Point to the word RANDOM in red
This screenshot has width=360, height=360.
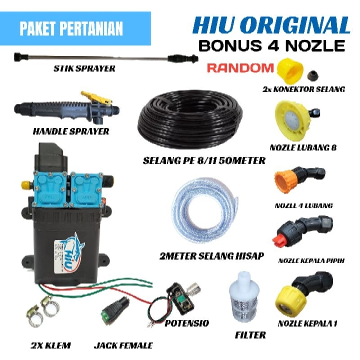pyautogui.click(x=240, y=67)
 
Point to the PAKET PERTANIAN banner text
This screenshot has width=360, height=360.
pyautogui.click(x=71, y=28)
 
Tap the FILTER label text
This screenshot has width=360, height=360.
pyautogui.click(x=250, y=335)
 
